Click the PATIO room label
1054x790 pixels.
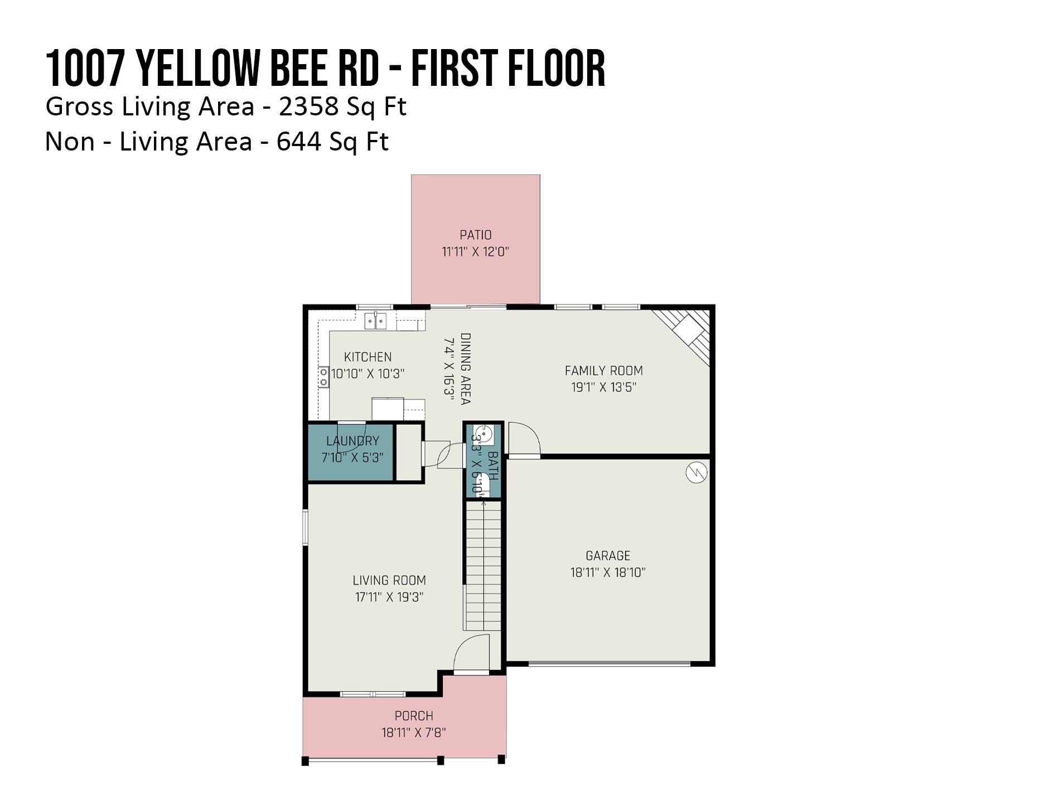475,235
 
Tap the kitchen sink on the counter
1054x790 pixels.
375,321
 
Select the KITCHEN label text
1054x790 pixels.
368,357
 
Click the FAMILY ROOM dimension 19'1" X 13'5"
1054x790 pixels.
603,387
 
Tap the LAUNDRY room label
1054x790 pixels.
352,441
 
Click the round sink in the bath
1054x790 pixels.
483,433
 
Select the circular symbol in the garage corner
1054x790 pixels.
697,473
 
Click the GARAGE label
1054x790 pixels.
608,555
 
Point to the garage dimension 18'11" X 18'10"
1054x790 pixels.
608,572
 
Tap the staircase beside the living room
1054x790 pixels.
483,566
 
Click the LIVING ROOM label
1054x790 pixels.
389,580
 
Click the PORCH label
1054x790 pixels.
414,716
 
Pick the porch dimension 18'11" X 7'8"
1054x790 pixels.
414,733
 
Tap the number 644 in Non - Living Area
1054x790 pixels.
298,142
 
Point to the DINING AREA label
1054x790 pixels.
465,369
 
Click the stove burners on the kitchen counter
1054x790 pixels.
323,377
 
